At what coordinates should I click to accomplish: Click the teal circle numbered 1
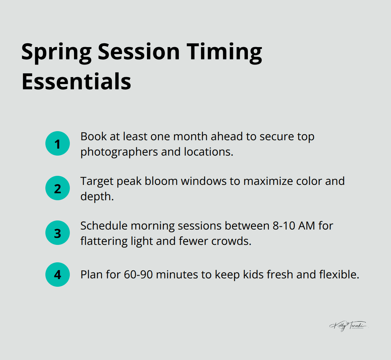coord(58,143)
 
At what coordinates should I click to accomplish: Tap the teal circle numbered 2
coord(58,188)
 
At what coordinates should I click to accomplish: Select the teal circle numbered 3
coord(58,233)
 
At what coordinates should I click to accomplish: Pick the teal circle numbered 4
coord(58,275)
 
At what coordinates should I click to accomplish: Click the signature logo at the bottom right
coord(348,326)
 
